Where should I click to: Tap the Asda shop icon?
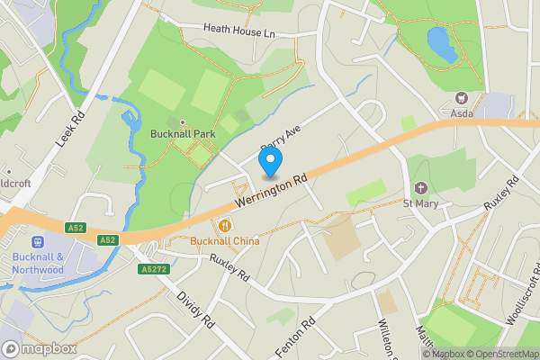(x=463, y=97)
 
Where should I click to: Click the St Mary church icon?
(x=420, y=188)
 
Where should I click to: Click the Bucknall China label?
(x=224, y=241)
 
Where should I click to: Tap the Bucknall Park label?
(x=183, y=134)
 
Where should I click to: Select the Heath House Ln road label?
(x=238, y=31)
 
